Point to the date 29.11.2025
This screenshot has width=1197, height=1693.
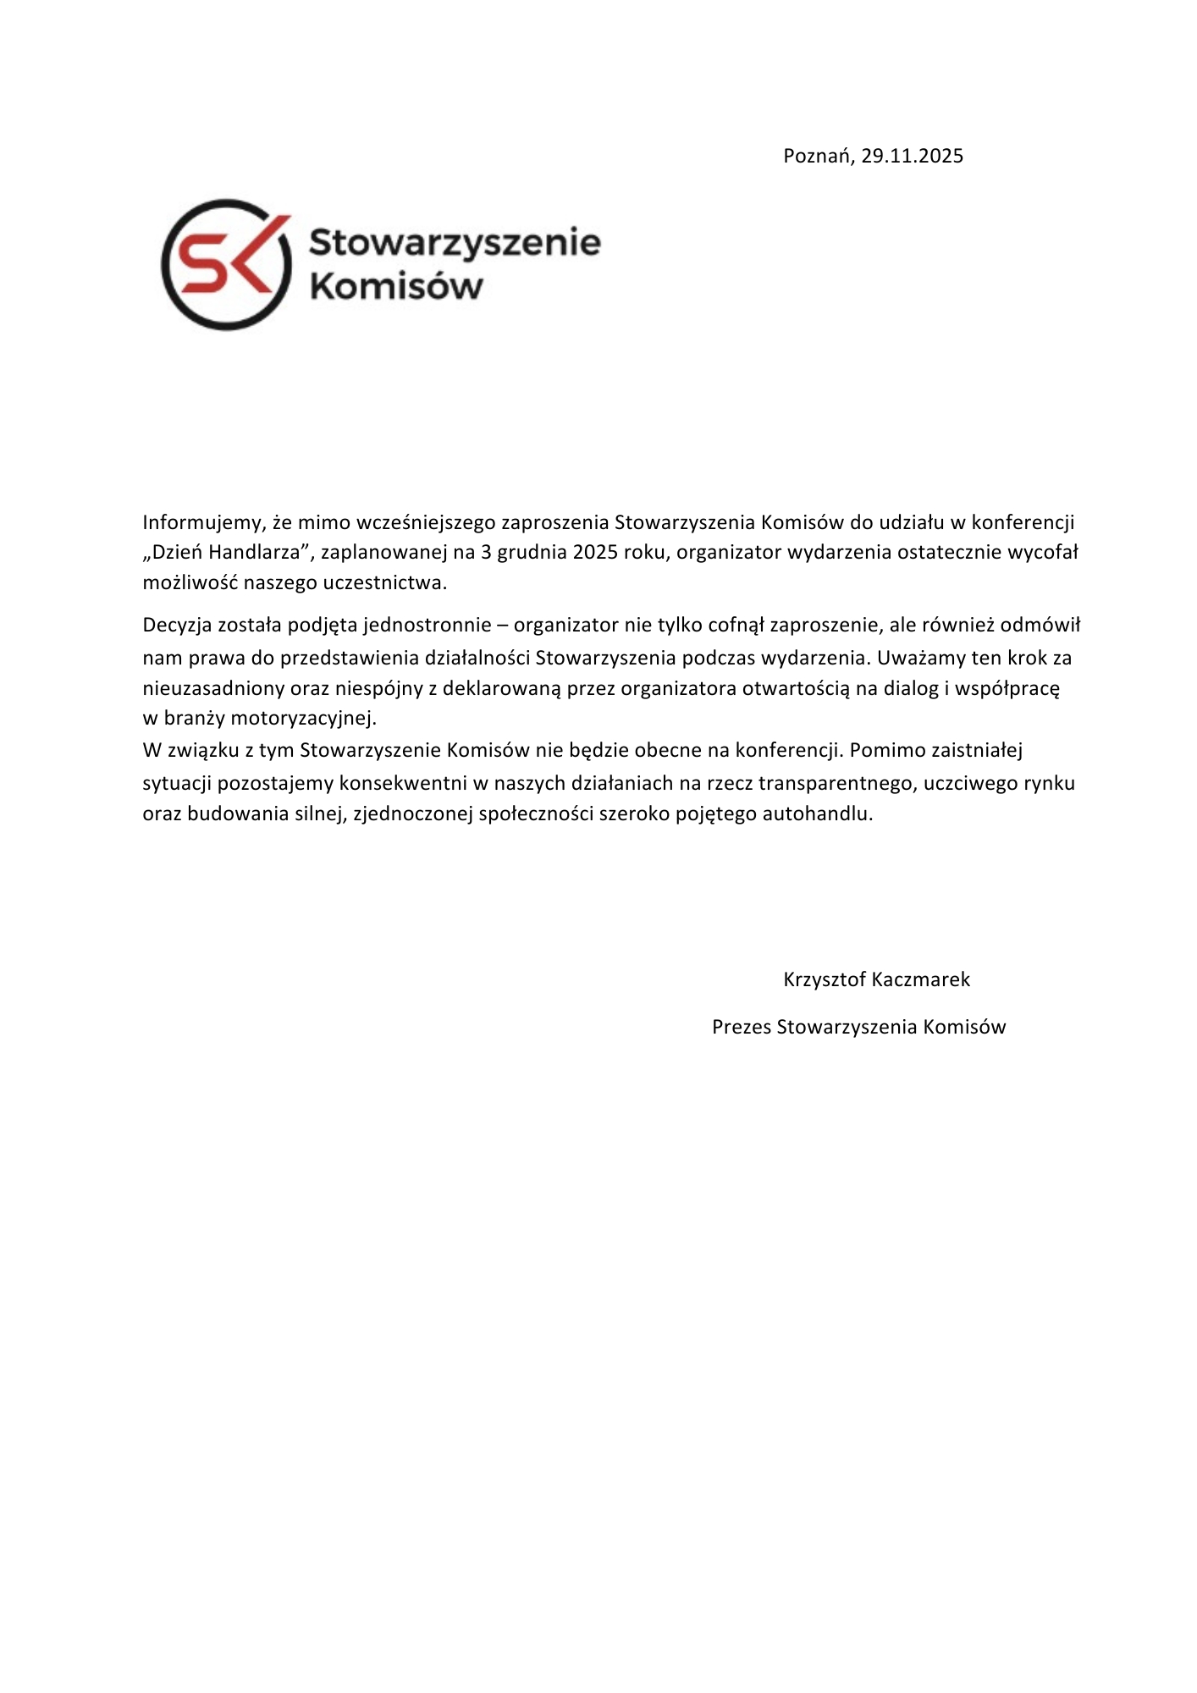913,157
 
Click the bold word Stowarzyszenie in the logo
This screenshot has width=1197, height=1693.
455,243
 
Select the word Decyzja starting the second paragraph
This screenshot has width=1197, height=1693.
177,626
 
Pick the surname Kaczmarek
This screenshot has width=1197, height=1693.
922,979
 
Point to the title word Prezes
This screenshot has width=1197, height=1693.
742,1027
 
